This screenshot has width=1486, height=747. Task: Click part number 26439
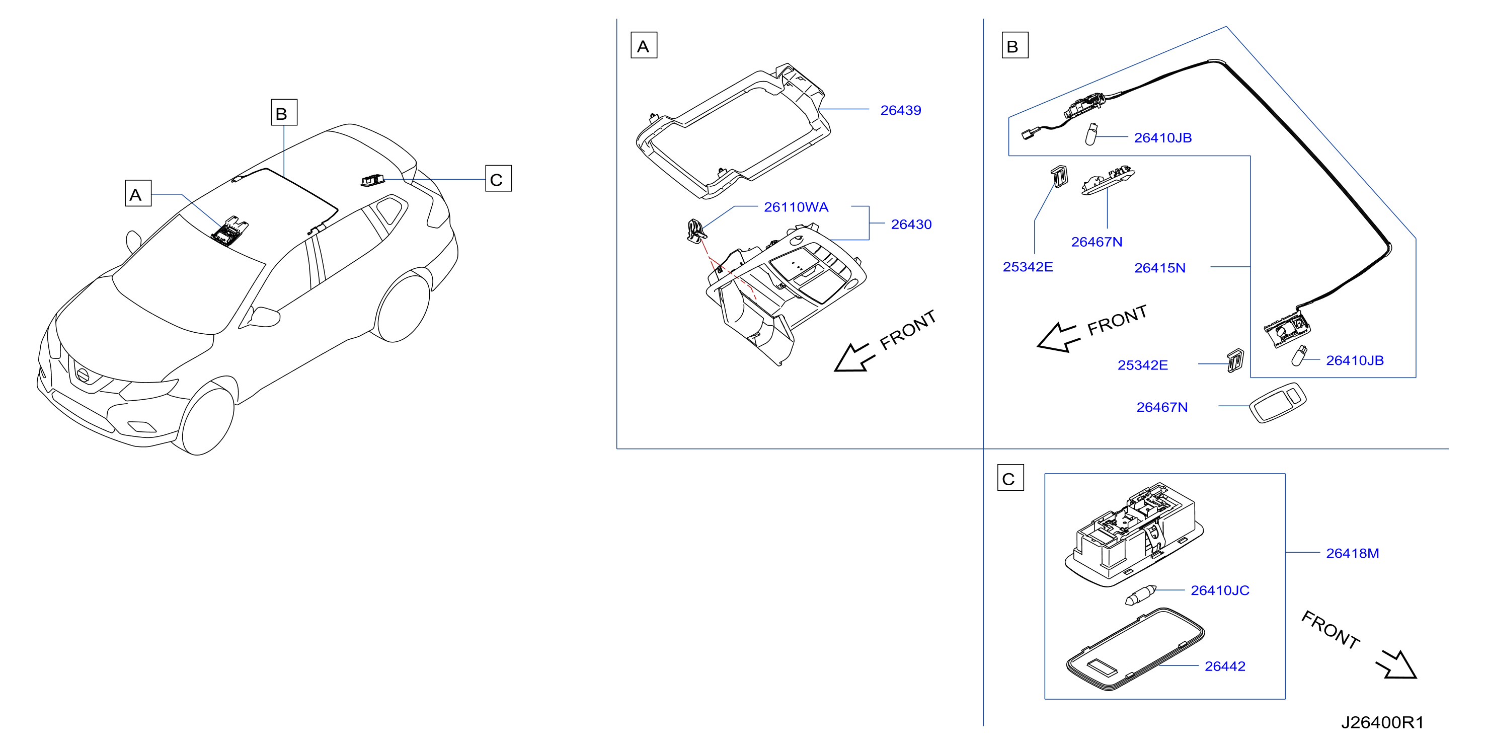click(900, 110)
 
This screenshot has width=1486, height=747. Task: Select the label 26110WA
click(796, 207)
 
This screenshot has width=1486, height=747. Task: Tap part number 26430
click(911, 225)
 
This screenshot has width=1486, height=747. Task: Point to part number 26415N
click(1159, 268)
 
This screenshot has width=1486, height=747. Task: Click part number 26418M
click(1352, 553)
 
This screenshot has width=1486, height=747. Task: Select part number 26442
click(1225, 666)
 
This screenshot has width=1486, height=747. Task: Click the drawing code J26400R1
click(1382, 722)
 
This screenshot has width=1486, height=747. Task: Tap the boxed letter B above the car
click(284, 112)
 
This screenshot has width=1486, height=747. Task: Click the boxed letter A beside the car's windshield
click(138, 193)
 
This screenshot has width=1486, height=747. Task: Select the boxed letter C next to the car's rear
click(498, 179)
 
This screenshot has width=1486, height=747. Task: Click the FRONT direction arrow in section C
click(1396, 664)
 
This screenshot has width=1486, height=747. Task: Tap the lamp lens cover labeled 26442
click(1135, 649)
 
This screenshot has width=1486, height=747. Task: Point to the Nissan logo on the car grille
click(83, 375)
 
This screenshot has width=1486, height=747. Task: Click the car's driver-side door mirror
click(264, 317)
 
